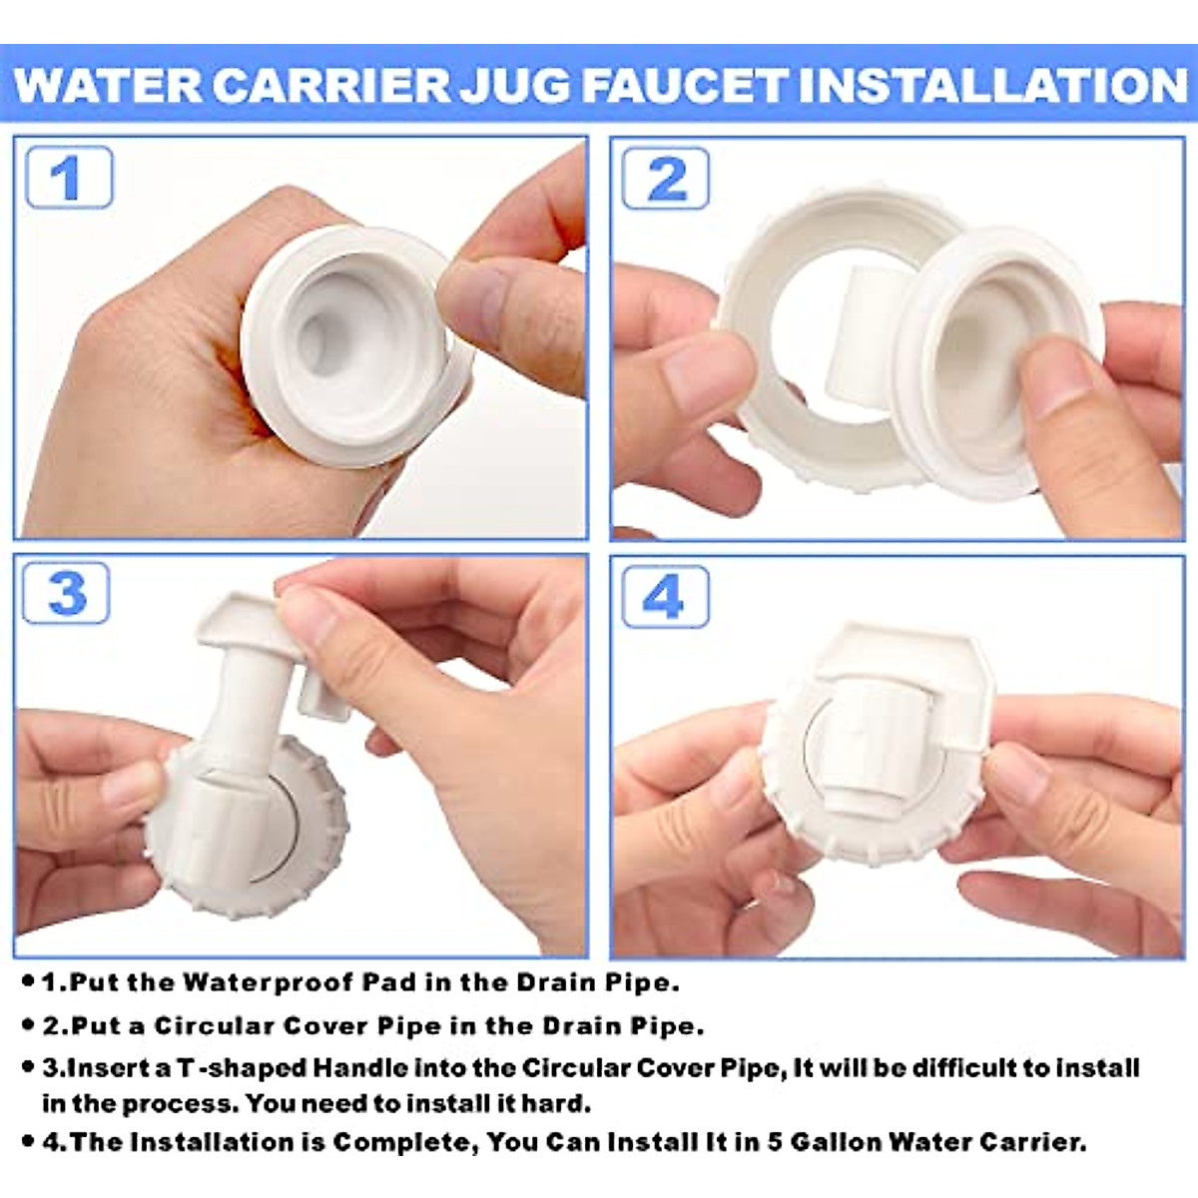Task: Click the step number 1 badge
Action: pos(68,178)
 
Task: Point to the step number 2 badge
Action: pos(666,179)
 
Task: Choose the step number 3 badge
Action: pos(66,594)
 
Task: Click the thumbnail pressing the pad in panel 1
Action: pos(479,299)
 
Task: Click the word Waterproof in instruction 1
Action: pos(269,983)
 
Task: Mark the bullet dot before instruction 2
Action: pos(28,1025)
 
